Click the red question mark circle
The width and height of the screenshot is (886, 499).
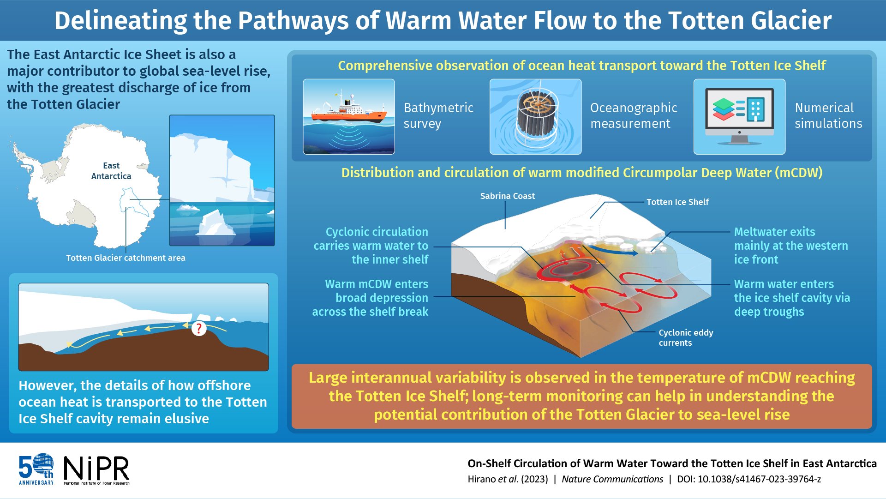tap(199, 328)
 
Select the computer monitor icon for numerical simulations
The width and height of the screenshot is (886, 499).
tap(739, 112)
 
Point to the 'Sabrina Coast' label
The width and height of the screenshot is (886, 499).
tap(507, 196)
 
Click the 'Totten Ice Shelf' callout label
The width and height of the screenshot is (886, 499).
tap(677, 202)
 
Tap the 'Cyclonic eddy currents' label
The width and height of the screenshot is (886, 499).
tap(685, 337)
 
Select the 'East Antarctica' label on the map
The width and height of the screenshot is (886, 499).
tap(111, 171)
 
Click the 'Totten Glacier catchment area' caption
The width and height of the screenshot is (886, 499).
tap(126, 258)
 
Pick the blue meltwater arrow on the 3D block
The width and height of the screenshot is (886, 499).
tap(614, 251)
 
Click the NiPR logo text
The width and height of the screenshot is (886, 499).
tap(96, 469)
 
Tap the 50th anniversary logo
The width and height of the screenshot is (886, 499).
tap(36, 469)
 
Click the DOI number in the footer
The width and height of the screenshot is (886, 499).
tap(759, 479)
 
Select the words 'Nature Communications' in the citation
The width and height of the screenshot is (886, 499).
tap(612, 479)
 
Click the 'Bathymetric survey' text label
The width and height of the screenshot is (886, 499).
tap(438, 115)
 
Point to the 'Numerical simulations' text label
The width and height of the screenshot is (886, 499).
tap(828, 115)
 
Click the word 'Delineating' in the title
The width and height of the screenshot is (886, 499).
tap(120, 21)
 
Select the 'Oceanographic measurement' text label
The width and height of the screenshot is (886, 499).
tap(633, 115)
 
